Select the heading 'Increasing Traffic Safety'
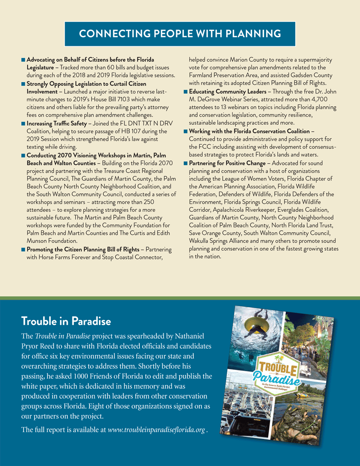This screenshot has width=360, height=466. tap(57, 123)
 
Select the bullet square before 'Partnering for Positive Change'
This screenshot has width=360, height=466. tap(185, 163)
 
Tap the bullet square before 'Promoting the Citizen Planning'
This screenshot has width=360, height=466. tap(23, 250)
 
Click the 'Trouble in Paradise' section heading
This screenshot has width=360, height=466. tap(66, 321)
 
